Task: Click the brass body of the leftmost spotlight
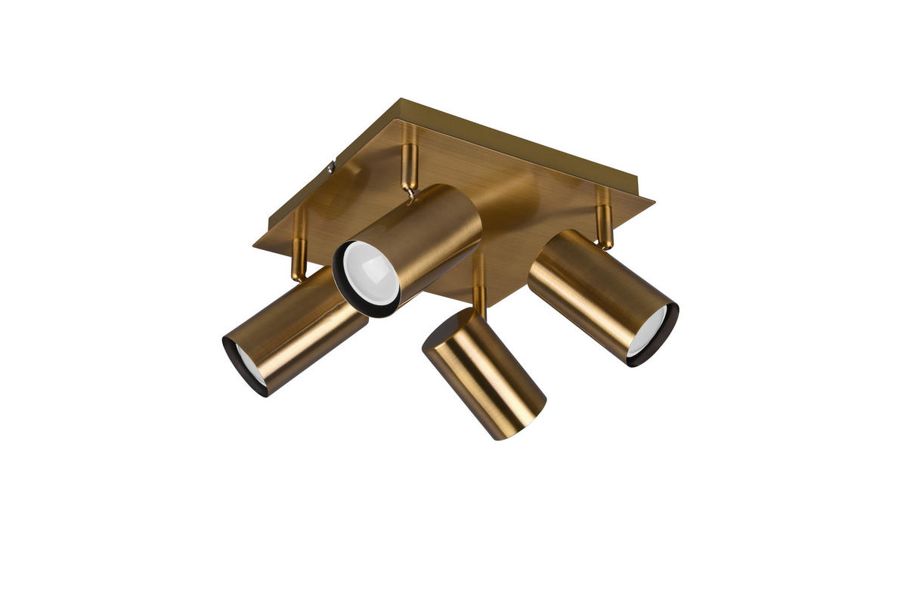(302, 325)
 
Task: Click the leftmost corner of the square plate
(254, 243)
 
